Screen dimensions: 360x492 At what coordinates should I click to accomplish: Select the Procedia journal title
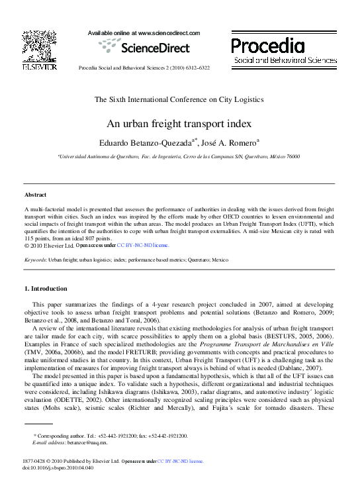point(268,46)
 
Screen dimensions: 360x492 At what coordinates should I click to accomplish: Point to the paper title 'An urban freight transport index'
point(179,123)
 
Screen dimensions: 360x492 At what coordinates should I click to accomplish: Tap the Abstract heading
point(35,195)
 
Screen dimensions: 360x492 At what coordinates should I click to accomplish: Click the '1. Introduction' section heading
point(46,289)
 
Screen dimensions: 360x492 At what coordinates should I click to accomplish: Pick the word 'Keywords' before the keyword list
point(35,260)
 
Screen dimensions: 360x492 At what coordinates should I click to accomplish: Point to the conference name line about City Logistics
point(179,99)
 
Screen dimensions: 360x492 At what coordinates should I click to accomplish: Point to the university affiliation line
point(179,156)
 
